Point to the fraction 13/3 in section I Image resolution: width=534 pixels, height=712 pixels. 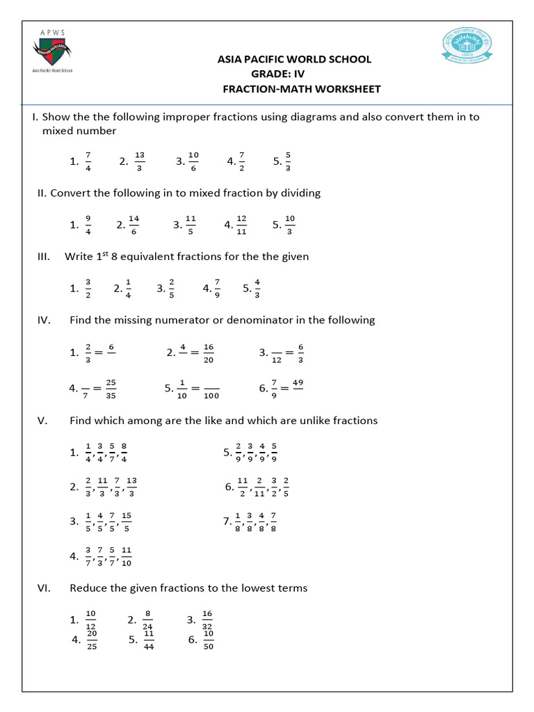pyautogui.click(x=140, y=161)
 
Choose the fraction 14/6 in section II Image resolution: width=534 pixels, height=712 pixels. pyautogui.click(x=134, y=224)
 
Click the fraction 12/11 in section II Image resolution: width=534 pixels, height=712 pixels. pyautogui.click(x=241, y=224)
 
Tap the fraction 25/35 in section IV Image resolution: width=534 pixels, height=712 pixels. pyautogui.click(x=111, y=389)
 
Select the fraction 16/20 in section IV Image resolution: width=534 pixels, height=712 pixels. pyautogui.click(x=209, y=353)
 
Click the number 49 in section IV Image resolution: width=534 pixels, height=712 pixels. pyautogui.click(x=298, y=382)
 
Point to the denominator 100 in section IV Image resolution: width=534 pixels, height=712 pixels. pyautogui.click(x=211, y=396)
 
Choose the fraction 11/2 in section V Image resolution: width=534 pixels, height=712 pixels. pyautogui.click(x=243, y=487)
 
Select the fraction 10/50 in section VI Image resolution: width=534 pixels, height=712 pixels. pyautogui.click(x=209, y=641)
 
